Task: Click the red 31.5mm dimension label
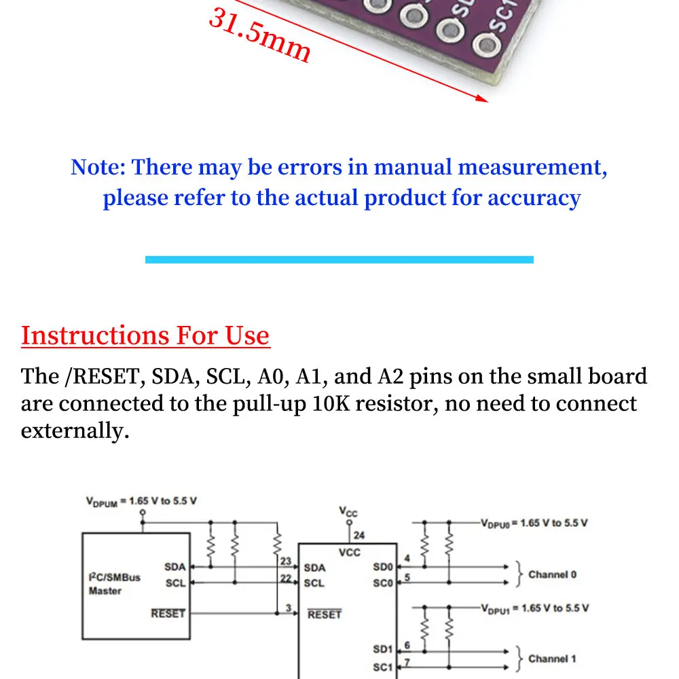click(259, 35)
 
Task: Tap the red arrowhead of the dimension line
click(482, 99)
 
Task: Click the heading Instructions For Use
click(145, 335)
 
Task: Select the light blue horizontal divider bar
click(339, 259)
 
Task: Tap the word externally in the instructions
click(75, 431)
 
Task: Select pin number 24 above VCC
click(359, 535)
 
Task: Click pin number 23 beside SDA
click(285, 562)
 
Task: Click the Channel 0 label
click(552, 574)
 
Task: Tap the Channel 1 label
click(552, 659)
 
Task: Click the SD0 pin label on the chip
click(383, 567)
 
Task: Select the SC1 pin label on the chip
click(383, 667)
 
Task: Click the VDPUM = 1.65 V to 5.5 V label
click(141, 502)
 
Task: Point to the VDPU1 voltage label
click(534, 608)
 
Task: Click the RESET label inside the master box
click(168, 613)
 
